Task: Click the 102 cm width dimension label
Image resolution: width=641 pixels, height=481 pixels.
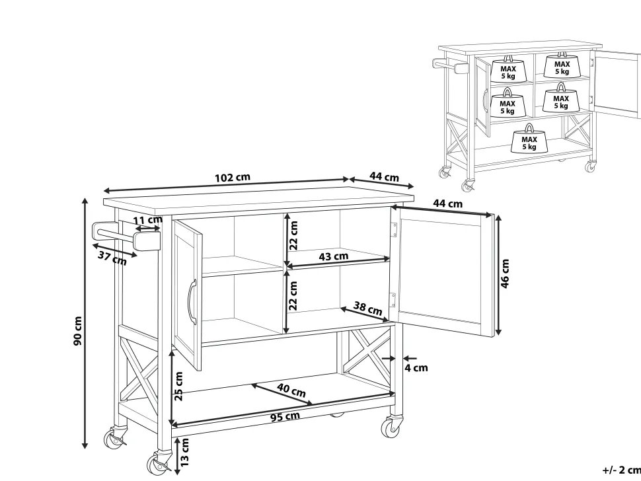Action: tap(232, 178)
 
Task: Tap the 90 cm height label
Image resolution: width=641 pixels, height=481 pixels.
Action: tap(78, 330)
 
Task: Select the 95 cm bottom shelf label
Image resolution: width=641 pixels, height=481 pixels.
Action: tap(285, 417)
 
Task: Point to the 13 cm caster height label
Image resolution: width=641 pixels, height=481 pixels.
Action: tap(184, 452)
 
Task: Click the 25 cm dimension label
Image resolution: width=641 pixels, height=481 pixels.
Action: tap(178, 387)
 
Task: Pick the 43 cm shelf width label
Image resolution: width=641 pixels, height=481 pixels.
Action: tap(334, 256)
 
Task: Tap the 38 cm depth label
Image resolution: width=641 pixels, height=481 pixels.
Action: tap(367, 308)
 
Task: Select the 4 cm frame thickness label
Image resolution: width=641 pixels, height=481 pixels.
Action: tap(416, 368)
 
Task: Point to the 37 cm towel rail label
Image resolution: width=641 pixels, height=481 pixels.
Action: tap(112, 258)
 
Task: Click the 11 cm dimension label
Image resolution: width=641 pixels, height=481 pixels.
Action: tap(147, 221)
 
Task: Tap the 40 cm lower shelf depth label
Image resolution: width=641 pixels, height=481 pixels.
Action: tap(291, 390)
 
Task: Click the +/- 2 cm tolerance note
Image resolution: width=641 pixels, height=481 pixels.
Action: tap(621, 470)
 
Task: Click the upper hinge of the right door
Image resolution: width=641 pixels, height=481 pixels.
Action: tap(394, 229)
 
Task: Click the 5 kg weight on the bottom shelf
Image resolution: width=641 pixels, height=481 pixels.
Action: tap(529, 139)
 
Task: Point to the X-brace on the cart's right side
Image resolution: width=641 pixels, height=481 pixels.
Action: tap(367, 350)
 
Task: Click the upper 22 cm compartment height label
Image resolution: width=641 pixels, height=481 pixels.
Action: tap(293, 235)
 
